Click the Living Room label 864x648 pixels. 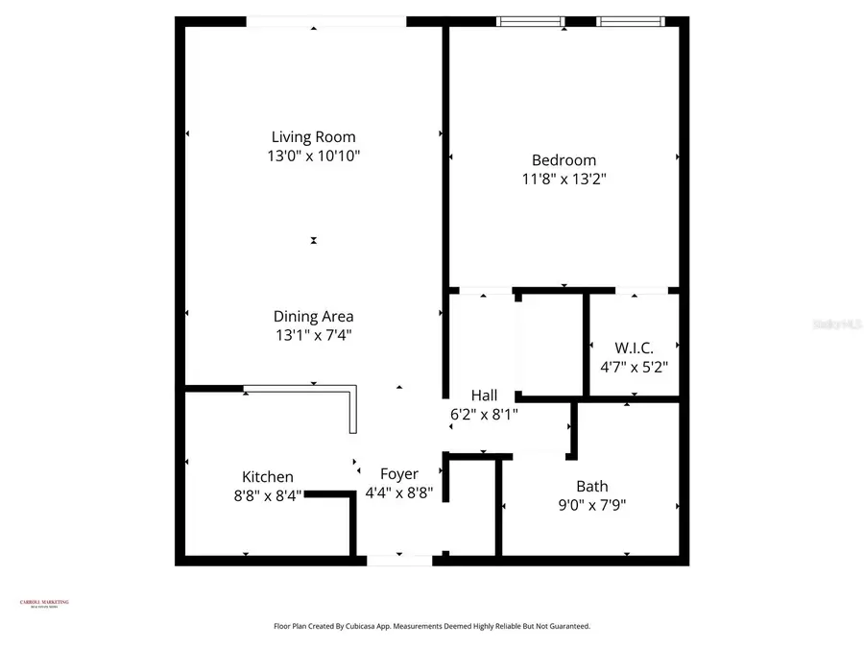313,137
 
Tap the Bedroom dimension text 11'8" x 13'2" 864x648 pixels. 564,179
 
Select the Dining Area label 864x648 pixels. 313,316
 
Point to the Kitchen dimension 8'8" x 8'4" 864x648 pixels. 267,495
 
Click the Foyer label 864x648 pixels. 399,474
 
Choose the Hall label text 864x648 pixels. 484,396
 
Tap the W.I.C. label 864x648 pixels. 633,348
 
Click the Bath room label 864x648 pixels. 591,486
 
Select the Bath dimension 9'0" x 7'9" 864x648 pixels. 591,505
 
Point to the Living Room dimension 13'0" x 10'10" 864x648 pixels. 313,156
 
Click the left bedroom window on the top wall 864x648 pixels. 530,21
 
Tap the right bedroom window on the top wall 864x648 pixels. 631,21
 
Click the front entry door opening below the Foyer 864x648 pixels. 398,560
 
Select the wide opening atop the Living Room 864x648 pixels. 326,21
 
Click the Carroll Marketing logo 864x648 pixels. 44,603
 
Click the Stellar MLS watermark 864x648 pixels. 837,324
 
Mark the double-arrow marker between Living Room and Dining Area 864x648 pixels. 314,240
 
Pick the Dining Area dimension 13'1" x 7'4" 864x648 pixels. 313,335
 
